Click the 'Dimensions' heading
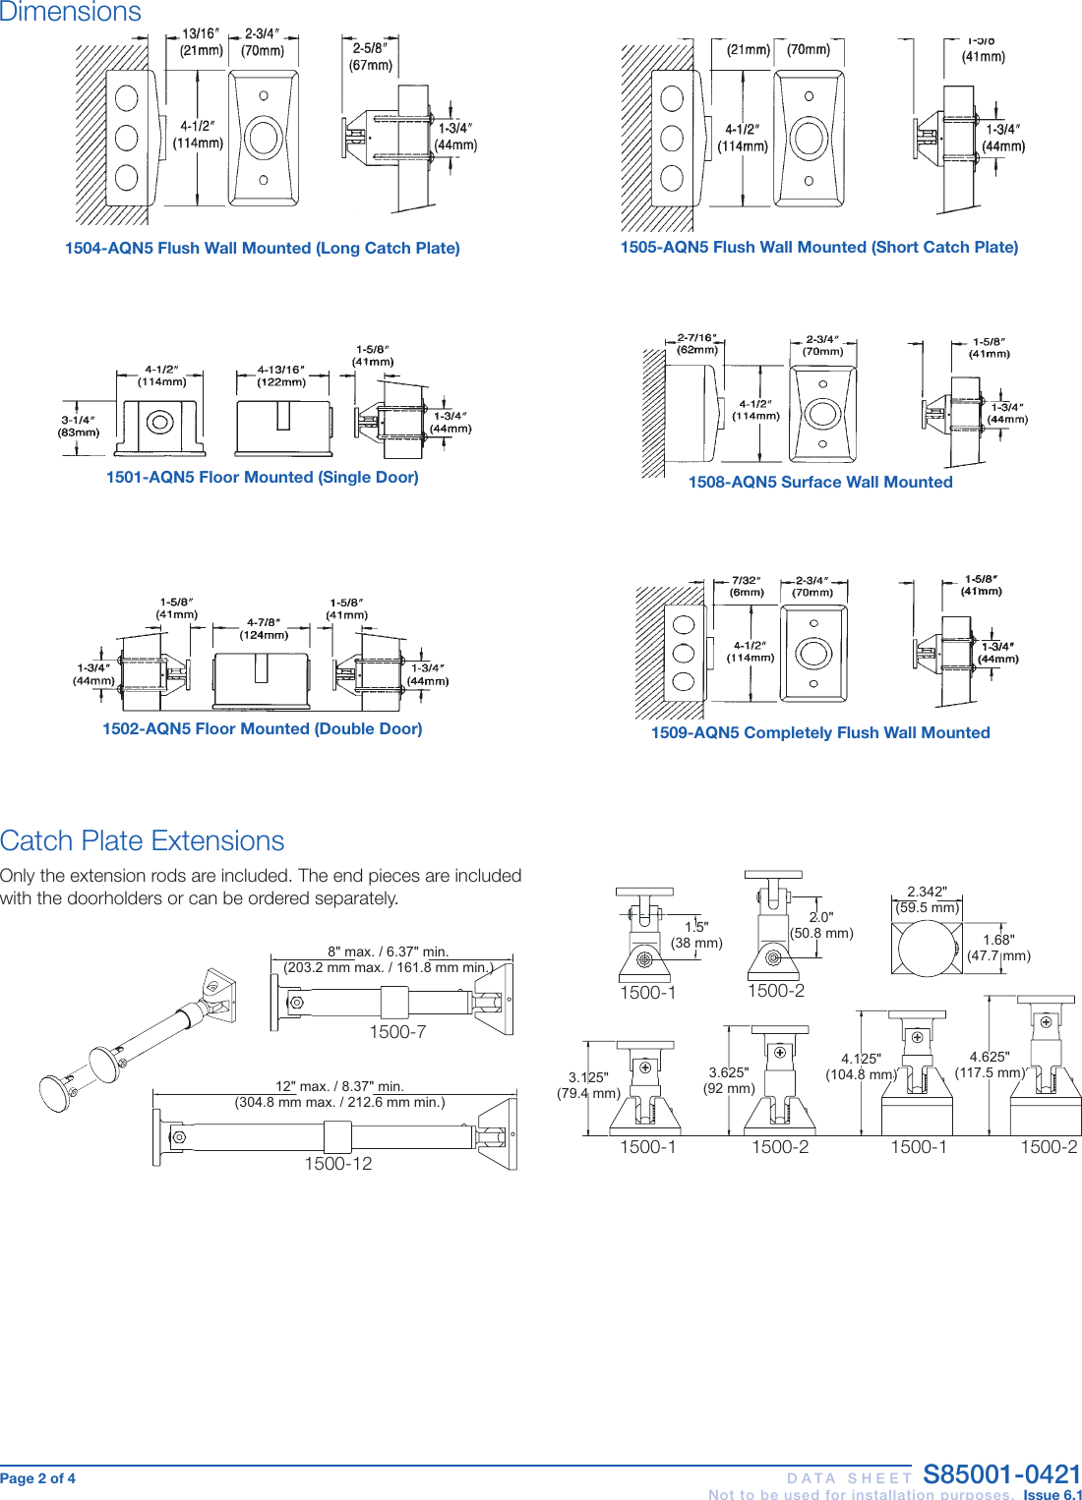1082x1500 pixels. [71, 12]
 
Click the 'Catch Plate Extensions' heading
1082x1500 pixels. [142, 841]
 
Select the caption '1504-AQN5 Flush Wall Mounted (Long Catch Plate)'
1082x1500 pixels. [262, 249]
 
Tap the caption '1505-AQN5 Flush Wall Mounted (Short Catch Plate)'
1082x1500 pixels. [818, 248]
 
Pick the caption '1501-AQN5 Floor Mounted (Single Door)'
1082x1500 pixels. [262, 478]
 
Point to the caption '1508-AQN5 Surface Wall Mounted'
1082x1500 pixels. [820, 483]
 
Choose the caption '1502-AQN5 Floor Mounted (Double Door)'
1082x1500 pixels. [262, 729]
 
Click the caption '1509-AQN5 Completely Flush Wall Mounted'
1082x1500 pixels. [820, 733]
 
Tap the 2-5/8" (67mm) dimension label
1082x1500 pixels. [371, 57]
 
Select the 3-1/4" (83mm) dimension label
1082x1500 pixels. [79, 427]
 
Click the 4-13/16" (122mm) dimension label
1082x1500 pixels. [281, 376]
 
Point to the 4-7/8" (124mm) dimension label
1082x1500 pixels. [264, 629]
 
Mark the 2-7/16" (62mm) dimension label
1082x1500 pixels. [697, 344]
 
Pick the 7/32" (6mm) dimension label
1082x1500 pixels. [747, 587]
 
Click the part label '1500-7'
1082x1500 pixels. [397, 1032]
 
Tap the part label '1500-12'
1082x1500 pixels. [337, 1164]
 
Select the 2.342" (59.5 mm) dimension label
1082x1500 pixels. [927, 899]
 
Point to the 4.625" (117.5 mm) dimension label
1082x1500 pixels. [990, 1065]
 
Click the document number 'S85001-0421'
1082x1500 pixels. [1001, 1474]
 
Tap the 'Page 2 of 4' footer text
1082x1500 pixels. [38, 1478]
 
